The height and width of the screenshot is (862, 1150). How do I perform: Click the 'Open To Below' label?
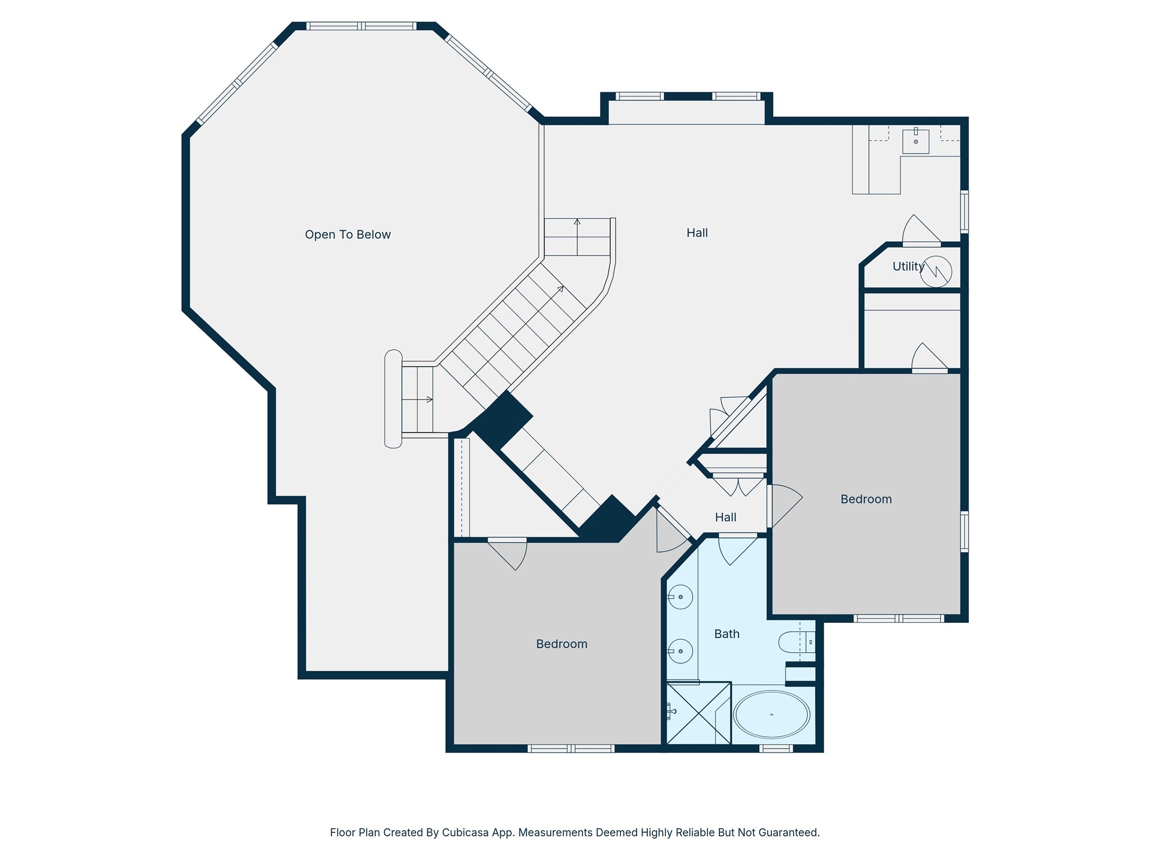point(348,235)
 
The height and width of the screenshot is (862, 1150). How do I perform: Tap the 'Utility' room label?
point(908,267)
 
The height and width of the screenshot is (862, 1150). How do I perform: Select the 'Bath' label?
point(727,634)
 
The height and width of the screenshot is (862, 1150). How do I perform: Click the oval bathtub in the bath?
point(772,714)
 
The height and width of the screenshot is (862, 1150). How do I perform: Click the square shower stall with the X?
point(699,713)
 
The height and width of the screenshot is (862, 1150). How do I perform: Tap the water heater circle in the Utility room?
point(936,272)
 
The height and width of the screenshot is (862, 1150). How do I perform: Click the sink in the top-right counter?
point(915,141)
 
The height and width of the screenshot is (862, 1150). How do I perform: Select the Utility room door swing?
point(921,230)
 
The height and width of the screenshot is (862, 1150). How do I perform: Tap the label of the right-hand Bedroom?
point(866,499)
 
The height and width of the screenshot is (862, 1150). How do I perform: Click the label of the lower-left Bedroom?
point(562,644)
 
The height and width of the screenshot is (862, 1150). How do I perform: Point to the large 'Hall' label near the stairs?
point(697,233)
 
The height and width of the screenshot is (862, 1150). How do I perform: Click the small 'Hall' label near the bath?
point(725,517)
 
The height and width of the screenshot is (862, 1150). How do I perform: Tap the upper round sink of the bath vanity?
point(681,597)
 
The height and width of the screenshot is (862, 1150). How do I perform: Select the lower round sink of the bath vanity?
point(681,651)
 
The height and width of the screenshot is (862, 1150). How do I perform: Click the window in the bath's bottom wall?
point(776,748)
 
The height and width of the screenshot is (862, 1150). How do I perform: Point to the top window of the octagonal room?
point(362,26)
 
